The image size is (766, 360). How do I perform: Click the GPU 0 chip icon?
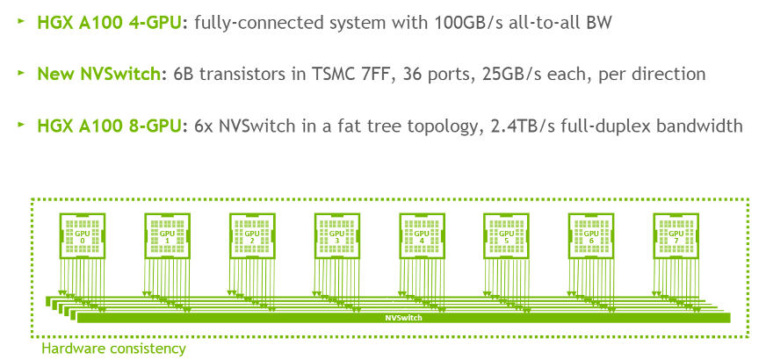tap(82, 236)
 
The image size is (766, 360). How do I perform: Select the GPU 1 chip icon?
tap(167, 236)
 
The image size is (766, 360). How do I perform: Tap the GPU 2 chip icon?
tap(252, 236)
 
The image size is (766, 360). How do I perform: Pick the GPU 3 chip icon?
tap(337, 236)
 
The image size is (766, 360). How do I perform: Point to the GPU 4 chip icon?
tap(422, 236)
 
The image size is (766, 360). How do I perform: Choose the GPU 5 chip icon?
tap(507, 236)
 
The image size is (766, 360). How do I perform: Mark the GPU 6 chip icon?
tap(592, 236)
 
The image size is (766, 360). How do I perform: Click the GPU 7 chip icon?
tap(676, 236)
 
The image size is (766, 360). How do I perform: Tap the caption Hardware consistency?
tap(113, 349)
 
